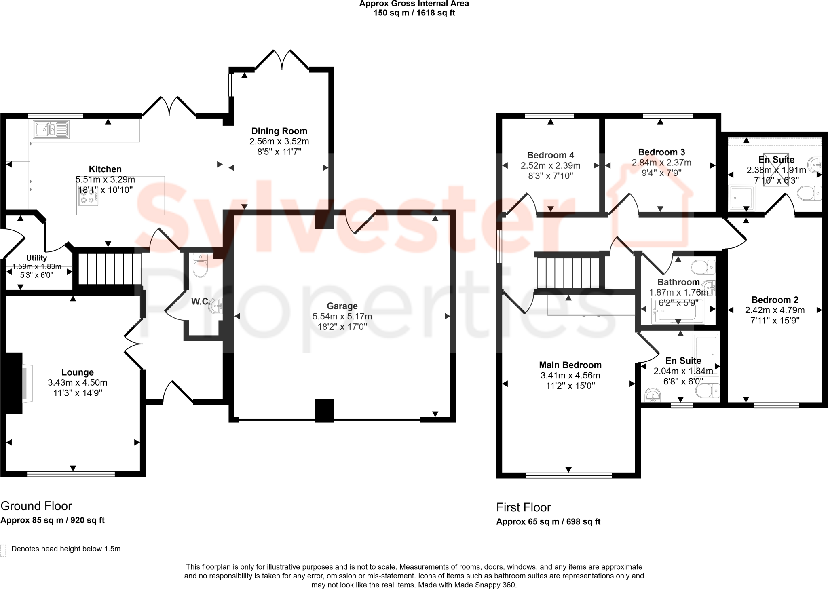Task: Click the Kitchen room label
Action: point(105,169)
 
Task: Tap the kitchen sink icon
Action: point(51,129)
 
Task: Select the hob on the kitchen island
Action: point(88,196)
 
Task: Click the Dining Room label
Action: point(279,131)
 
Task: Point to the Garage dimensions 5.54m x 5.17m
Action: point(342,317)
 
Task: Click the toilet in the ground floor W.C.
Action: point(200,265)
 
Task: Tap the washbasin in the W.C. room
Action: point(216,306)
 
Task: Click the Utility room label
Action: point(36,258)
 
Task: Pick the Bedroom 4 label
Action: point(550,155)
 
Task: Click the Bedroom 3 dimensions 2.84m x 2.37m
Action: point(661,163)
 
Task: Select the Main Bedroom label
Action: point(570,365)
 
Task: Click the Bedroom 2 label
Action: point(775,300)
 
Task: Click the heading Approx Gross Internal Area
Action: point(414,4)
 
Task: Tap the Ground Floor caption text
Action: point(36,506)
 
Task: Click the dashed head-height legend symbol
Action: point(4,550)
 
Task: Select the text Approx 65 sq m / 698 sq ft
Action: point(548,522)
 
